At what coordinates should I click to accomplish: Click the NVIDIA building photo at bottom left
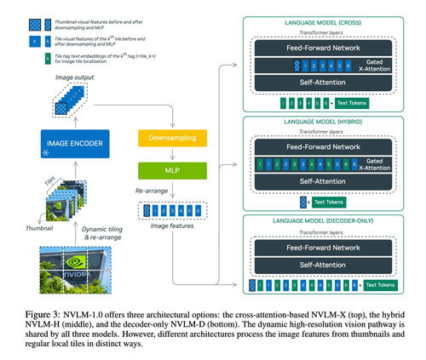click(61, 271)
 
